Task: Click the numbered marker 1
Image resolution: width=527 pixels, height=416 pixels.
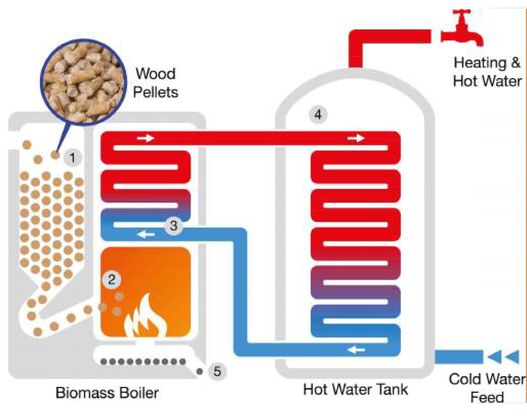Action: [x=73, y=158]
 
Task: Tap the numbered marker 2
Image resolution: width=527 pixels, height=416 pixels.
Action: [x=112, y=280]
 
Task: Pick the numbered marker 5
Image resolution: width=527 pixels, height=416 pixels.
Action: [x=217, y=371]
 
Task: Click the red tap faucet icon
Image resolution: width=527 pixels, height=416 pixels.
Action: [x=462, y=30]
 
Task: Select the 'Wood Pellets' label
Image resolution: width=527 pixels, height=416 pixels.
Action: [x=156, y=83]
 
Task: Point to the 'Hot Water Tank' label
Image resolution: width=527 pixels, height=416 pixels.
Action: [x=355, y=389]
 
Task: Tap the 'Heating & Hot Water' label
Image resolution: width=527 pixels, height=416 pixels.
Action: [x=487, y=72]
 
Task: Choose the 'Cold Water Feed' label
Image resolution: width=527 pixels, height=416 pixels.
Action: [x=487, y=388]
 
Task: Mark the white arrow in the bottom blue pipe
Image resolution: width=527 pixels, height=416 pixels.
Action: [x=357, y=350]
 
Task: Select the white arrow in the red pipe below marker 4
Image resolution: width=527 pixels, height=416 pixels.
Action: [x=356, y=139]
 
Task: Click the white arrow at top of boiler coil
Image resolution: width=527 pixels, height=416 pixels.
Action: [x=146, y=139]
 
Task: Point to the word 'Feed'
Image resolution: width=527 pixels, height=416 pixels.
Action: [x=487, y=396]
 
